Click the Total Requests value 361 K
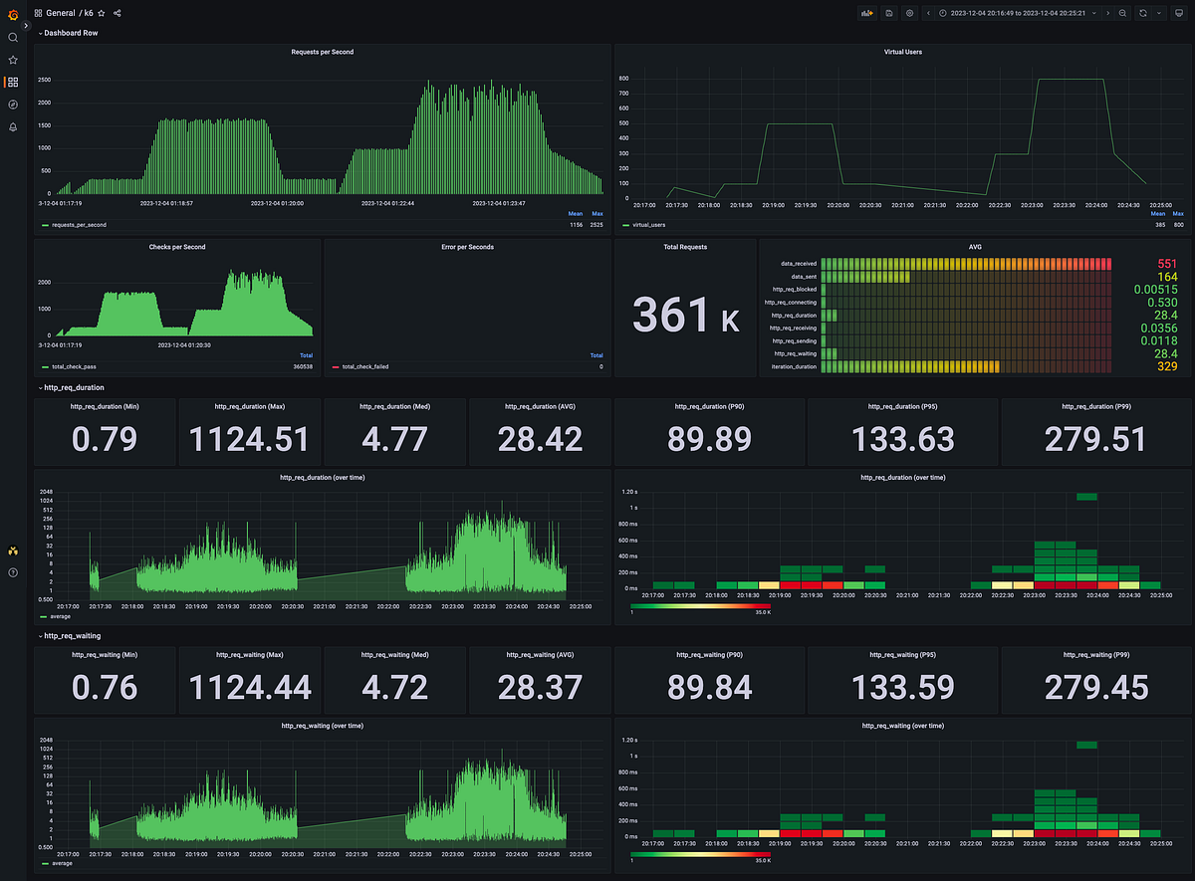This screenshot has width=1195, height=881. coord(685,315)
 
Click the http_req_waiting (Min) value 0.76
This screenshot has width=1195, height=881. coord(106,687)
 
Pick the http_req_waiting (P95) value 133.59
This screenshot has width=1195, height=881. coord(902,687)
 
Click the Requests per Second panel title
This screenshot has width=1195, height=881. coord(322,52)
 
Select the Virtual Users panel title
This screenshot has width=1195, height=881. coord(902,52)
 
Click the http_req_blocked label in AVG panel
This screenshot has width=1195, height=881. coord(794,289)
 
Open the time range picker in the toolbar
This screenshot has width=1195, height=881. coord(1015,13)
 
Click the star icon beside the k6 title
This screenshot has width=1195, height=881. coord(102,13)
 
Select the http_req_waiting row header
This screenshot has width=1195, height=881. coord(73,635)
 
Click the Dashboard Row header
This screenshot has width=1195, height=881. coord(71,33)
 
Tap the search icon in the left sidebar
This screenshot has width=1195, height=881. coord(13,37)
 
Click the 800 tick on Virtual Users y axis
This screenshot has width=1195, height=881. coord(622,78)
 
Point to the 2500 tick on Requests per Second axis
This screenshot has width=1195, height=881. coord(44,80)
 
